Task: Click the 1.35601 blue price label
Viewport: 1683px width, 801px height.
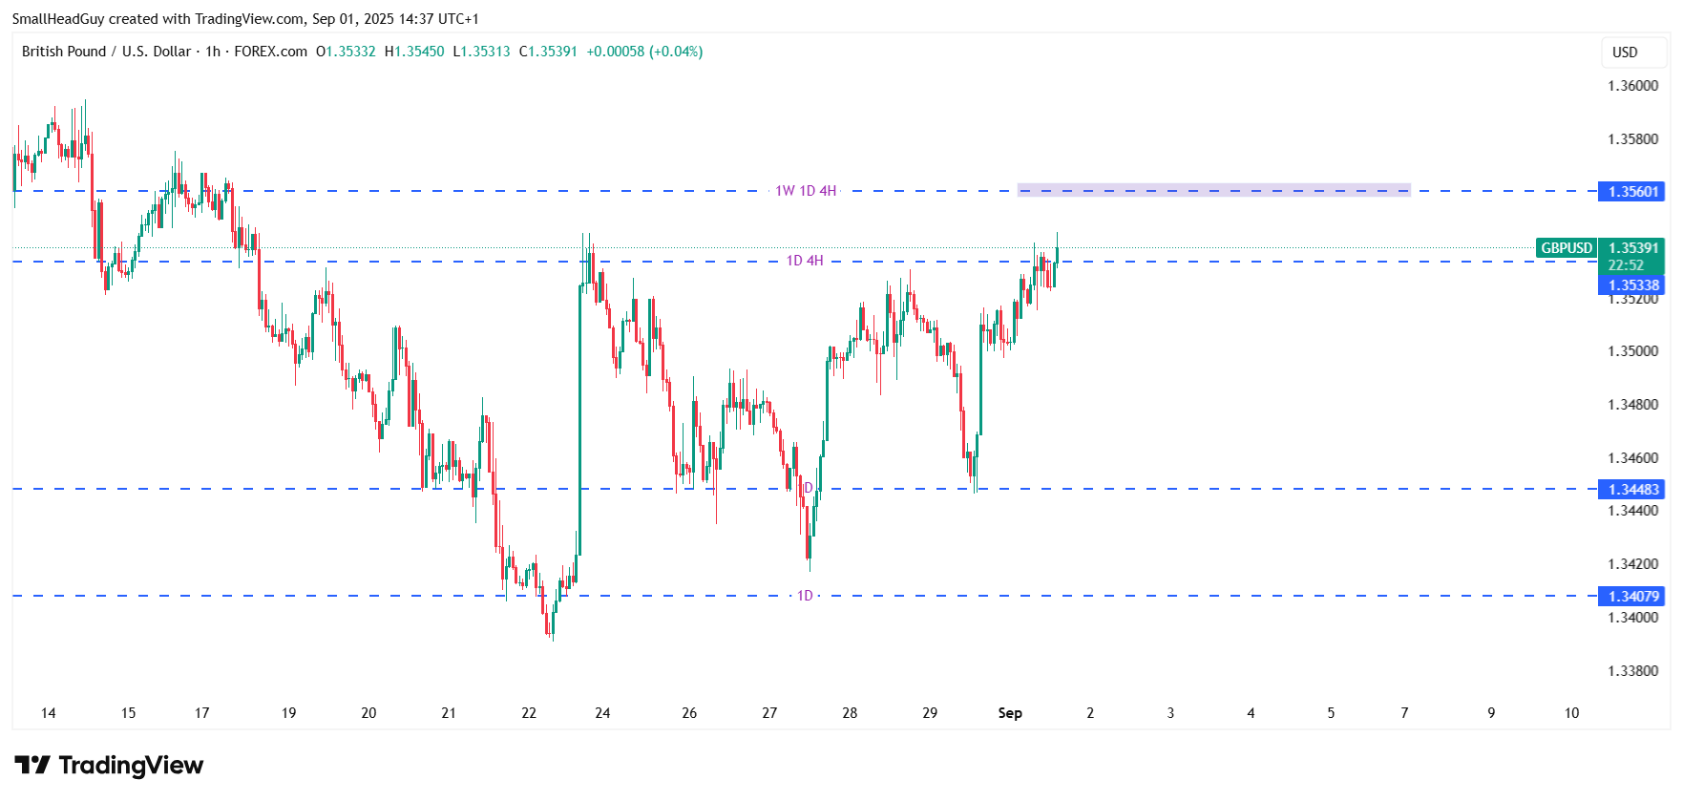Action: tap(1632, 191)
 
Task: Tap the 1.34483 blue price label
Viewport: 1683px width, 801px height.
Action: tap(1632, 489)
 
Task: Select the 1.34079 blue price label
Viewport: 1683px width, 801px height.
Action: tap(1632, 596)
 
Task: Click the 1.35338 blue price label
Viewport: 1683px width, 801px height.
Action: tap(1632, 285)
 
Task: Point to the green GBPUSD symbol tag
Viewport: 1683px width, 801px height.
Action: tap(1566, 248)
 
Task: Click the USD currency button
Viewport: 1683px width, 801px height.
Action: tap(1625, 53)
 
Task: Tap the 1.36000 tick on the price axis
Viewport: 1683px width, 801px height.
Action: tap(1632, 86)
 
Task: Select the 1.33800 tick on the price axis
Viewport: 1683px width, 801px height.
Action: tap(1632, 670)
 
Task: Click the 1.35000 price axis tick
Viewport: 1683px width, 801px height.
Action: tap(1632, 351)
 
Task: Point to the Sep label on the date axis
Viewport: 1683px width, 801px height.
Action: tap(1010, 713)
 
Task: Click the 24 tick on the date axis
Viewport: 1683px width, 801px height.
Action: tap(602, 713)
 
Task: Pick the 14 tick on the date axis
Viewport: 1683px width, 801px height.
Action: tap(49, 713)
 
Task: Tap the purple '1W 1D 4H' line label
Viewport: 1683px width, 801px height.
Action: tap(806, 191)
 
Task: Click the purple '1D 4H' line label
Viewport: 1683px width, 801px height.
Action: tap(805, 261)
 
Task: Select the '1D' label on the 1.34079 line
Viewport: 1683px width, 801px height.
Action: tap(805, 596)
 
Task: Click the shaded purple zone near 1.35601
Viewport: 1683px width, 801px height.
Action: tap(1213, 190)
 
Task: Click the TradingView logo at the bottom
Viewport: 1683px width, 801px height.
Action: tap(109, 766)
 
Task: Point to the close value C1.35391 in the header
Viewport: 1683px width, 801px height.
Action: tap(548, 52)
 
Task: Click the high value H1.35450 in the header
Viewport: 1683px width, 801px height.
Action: tap(414, 52)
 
